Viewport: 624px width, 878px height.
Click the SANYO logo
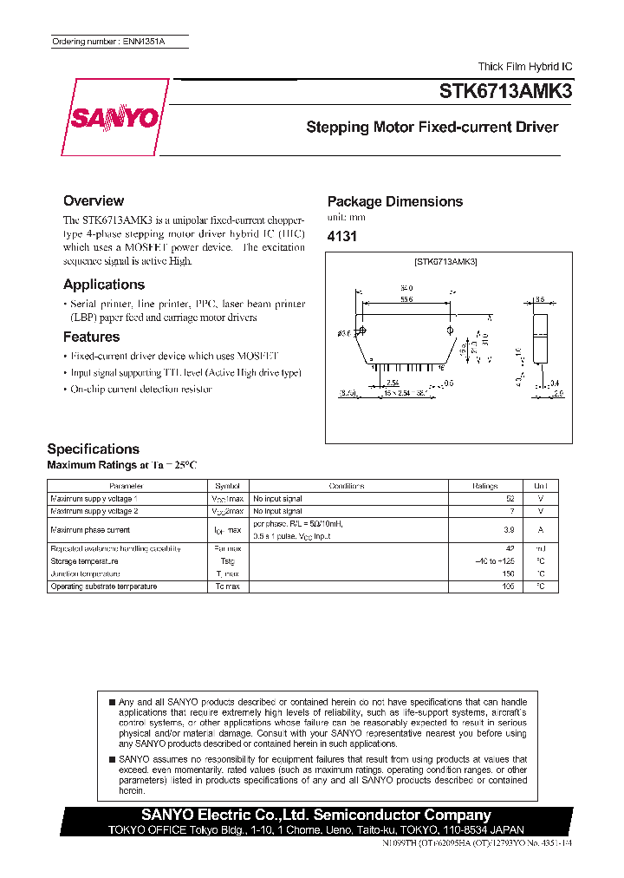click(x=110, y=118)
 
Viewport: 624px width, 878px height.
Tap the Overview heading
click(x=94, y=200)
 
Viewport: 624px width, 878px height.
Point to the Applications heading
click(x=104, y=285)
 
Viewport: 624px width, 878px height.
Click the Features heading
click(x=91, y=337)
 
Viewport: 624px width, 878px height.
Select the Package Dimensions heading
click(x=394, y=201)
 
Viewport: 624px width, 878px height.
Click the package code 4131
click(x=341, y=236)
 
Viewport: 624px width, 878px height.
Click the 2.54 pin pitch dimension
click(x=392, y=382)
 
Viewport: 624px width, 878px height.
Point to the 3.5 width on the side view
click(x=540, y=298)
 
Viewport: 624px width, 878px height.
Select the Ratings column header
click(x=484, y=486)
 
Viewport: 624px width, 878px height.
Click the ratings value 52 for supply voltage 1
click(x=509, y=499)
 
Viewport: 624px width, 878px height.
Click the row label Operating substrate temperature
click(x=103, y=586)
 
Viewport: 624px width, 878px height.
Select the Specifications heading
click(x=93, y=449)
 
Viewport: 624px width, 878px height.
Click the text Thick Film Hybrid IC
click(x=525, y=67)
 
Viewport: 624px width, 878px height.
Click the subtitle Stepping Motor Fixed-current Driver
click(x=432, y=128)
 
